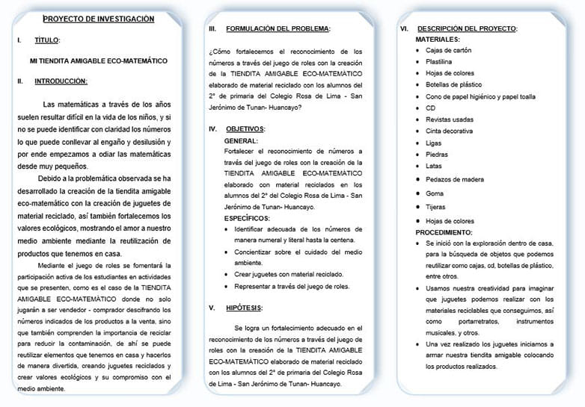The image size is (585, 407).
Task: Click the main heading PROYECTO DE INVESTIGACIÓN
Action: pyautogui.click(x=98, y=19)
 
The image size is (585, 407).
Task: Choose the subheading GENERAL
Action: pyautogui.click(x=241, y=140)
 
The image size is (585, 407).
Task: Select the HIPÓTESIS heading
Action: pyautogui.click(x=245, y=308)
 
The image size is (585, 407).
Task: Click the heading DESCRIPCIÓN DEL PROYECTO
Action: pyautogui.click(x=467, y=28)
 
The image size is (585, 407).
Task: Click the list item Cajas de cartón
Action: pyautogui.click(x=449, y=50)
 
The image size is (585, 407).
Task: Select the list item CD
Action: pyautogui.click(x=430, y=108)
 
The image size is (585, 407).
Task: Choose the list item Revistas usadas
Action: pyautogui.click(x=449, y=119)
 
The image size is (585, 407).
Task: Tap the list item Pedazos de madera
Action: pyautogui.click(x=454, y=179)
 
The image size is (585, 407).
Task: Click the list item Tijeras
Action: pyautogui.click(x=435, y=208)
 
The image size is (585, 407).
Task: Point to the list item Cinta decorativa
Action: pyautogui.click(x=450, y=131)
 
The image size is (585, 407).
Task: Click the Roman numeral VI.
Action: pyautogui.click(x=404, y=28)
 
